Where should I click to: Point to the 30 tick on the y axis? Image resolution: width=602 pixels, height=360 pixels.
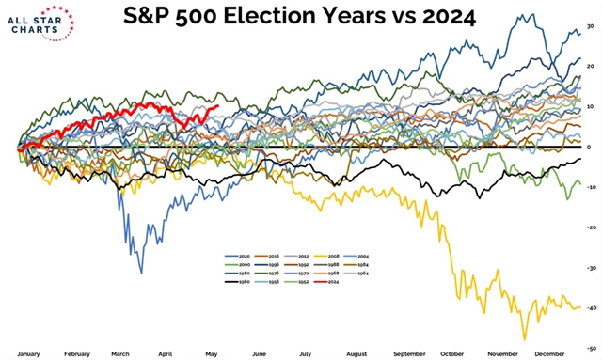[x=589, y=26]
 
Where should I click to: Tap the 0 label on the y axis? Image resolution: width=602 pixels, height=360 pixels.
[x=589, y=148]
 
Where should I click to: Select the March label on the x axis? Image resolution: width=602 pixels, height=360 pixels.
[x=120, y=354]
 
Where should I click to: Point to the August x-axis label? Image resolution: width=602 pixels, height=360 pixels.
[x=357, y=354]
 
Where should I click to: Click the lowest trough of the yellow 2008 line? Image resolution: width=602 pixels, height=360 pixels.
[x=524, y=339]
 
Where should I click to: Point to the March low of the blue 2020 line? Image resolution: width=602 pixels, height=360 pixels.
[x=142, y=273]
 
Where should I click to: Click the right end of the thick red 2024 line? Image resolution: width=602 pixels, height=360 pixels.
[x=217, y=106]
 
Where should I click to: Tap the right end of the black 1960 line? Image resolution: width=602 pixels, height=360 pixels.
[x=579, y=160]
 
